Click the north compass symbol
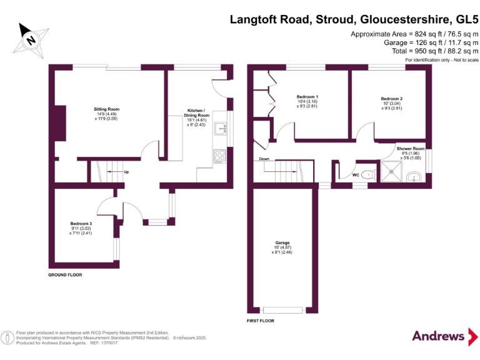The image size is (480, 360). coord(29,38)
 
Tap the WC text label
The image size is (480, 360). coord(356,175)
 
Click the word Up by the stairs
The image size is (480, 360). coord(126,172)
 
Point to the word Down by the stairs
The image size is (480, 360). coord(264,159)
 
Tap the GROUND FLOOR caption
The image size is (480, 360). coord(65,274)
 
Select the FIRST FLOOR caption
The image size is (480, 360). coord(260,321)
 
